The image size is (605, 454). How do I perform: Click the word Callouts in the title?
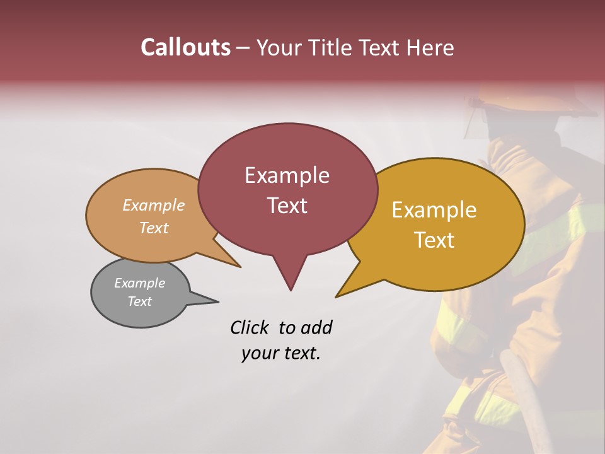pos(185,48)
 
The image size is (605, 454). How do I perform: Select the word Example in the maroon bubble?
pos(287,175)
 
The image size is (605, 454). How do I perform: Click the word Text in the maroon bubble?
pos(287,206)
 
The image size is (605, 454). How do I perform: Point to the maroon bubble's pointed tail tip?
pos(291,290)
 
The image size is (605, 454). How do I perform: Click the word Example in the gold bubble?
pos(434,210)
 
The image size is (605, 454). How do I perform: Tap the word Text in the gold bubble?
pos(434,240)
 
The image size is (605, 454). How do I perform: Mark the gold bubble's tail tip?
pos(336,296)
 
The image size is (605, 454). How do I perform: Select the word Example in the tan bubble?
pos(154,206)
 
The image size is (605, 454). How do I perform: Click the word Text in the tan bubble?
pos(154,228)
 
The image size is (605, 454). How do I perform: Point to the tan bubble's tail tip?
pos(240,267)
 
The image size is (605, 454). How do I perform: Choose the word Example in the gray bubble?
pos(139,283)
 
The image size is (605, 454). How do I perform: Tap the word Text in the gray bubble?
pos(139,301)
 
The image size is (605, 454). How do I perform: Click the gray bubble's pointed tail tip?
pos(219,301)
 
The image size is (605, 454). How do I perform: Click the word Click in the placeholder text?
pos(250,327)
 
